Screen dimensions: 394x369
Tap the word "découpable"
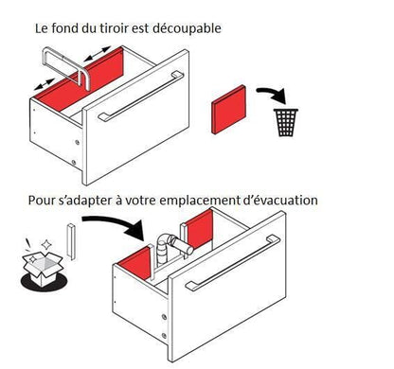coord(187,29)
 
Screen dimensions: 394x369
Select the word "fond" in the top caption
coord(62,28)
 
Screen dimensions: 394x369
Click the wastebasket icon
coord(286,122)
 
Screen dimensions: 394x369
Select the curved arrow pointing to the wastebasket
coord(272,94)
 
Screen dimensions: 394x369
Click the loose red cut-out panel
coord(229,110)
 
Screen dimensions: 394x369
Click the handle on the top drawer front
coord(141,97)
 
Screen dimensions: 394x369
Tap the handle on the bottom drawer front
coord(233,262)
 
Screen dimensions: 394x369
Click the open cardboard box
coord(43,268)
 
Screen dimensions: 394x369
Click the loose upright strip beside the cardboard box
coord(71,241)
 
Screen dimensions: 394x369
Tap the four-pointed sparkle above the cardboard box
coord(46,244)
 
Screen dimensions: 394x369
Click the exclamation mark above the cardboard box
coord(28,244)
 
